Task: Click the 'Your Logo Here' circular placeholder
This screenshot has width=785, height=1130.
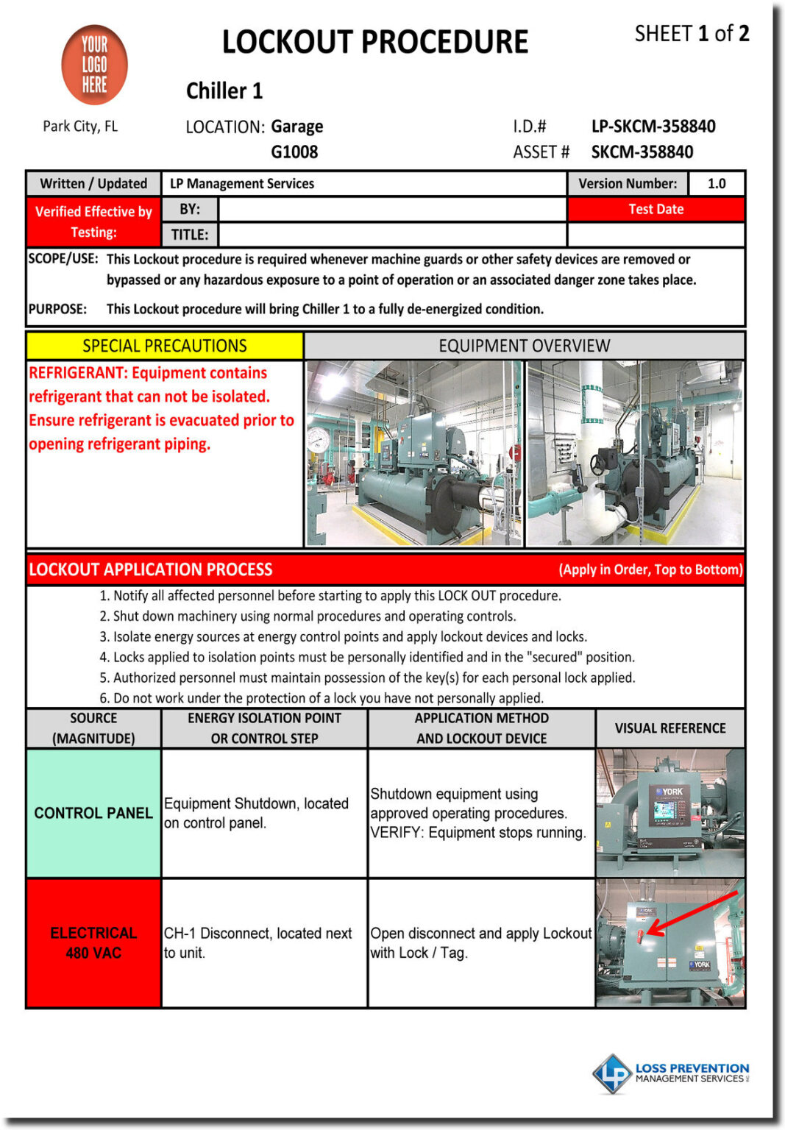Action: [x=94, y=65]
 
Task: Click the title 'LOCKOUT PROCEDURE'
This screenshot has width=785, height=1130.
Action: [x=375, y=42]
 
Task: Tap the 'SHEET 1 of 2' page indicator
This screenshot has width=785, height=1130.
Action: [x=692, y=34]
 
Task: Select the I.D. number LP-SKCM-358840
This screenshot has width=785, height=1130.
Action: [x=653, y=127]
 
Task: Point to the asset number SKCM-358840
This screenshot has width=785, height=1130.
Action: [x=642, y=152]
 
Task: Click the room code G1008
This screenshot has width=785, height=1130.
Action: [x=294, y=152]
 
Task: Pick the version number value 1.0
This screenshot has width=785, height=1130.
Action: [x=716, y=184]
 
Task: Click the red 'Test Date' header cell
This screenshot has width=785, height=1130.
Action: [x=656, y=210]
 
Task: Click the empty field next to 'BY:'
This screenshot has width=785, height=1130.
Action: [x=392, y=210]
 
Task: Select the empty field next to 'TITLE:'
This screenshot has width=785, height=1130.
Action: [x=392, y=235]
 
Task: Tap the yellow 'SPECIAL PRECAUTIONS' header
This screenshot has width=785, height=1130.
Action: [x=165, y=346]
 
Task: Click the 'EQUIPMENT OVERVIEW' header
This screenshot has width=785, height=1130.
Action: [x=524, y=346]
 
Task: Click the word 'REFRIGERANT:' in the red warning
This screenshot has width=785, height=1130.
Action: [x=78, y=373]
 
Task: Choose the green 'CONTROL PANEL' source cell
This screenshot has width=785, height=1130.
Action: [x=93, y=813]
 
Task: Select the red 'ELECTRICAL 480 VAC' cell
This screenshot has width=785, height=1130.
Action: [x=93, y=943]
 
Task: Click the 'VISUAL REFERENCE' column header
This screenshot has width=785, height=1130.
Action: [x=669, y=728]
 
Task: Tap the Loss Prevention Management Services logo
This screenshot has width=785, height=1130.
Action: [x=670, y=1073]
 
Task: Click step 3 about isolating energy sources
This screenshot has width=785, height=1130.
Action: [x=343, y=637]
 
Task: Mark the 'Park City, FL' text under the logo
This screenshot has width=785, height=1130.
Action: [x=80, y=127]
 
